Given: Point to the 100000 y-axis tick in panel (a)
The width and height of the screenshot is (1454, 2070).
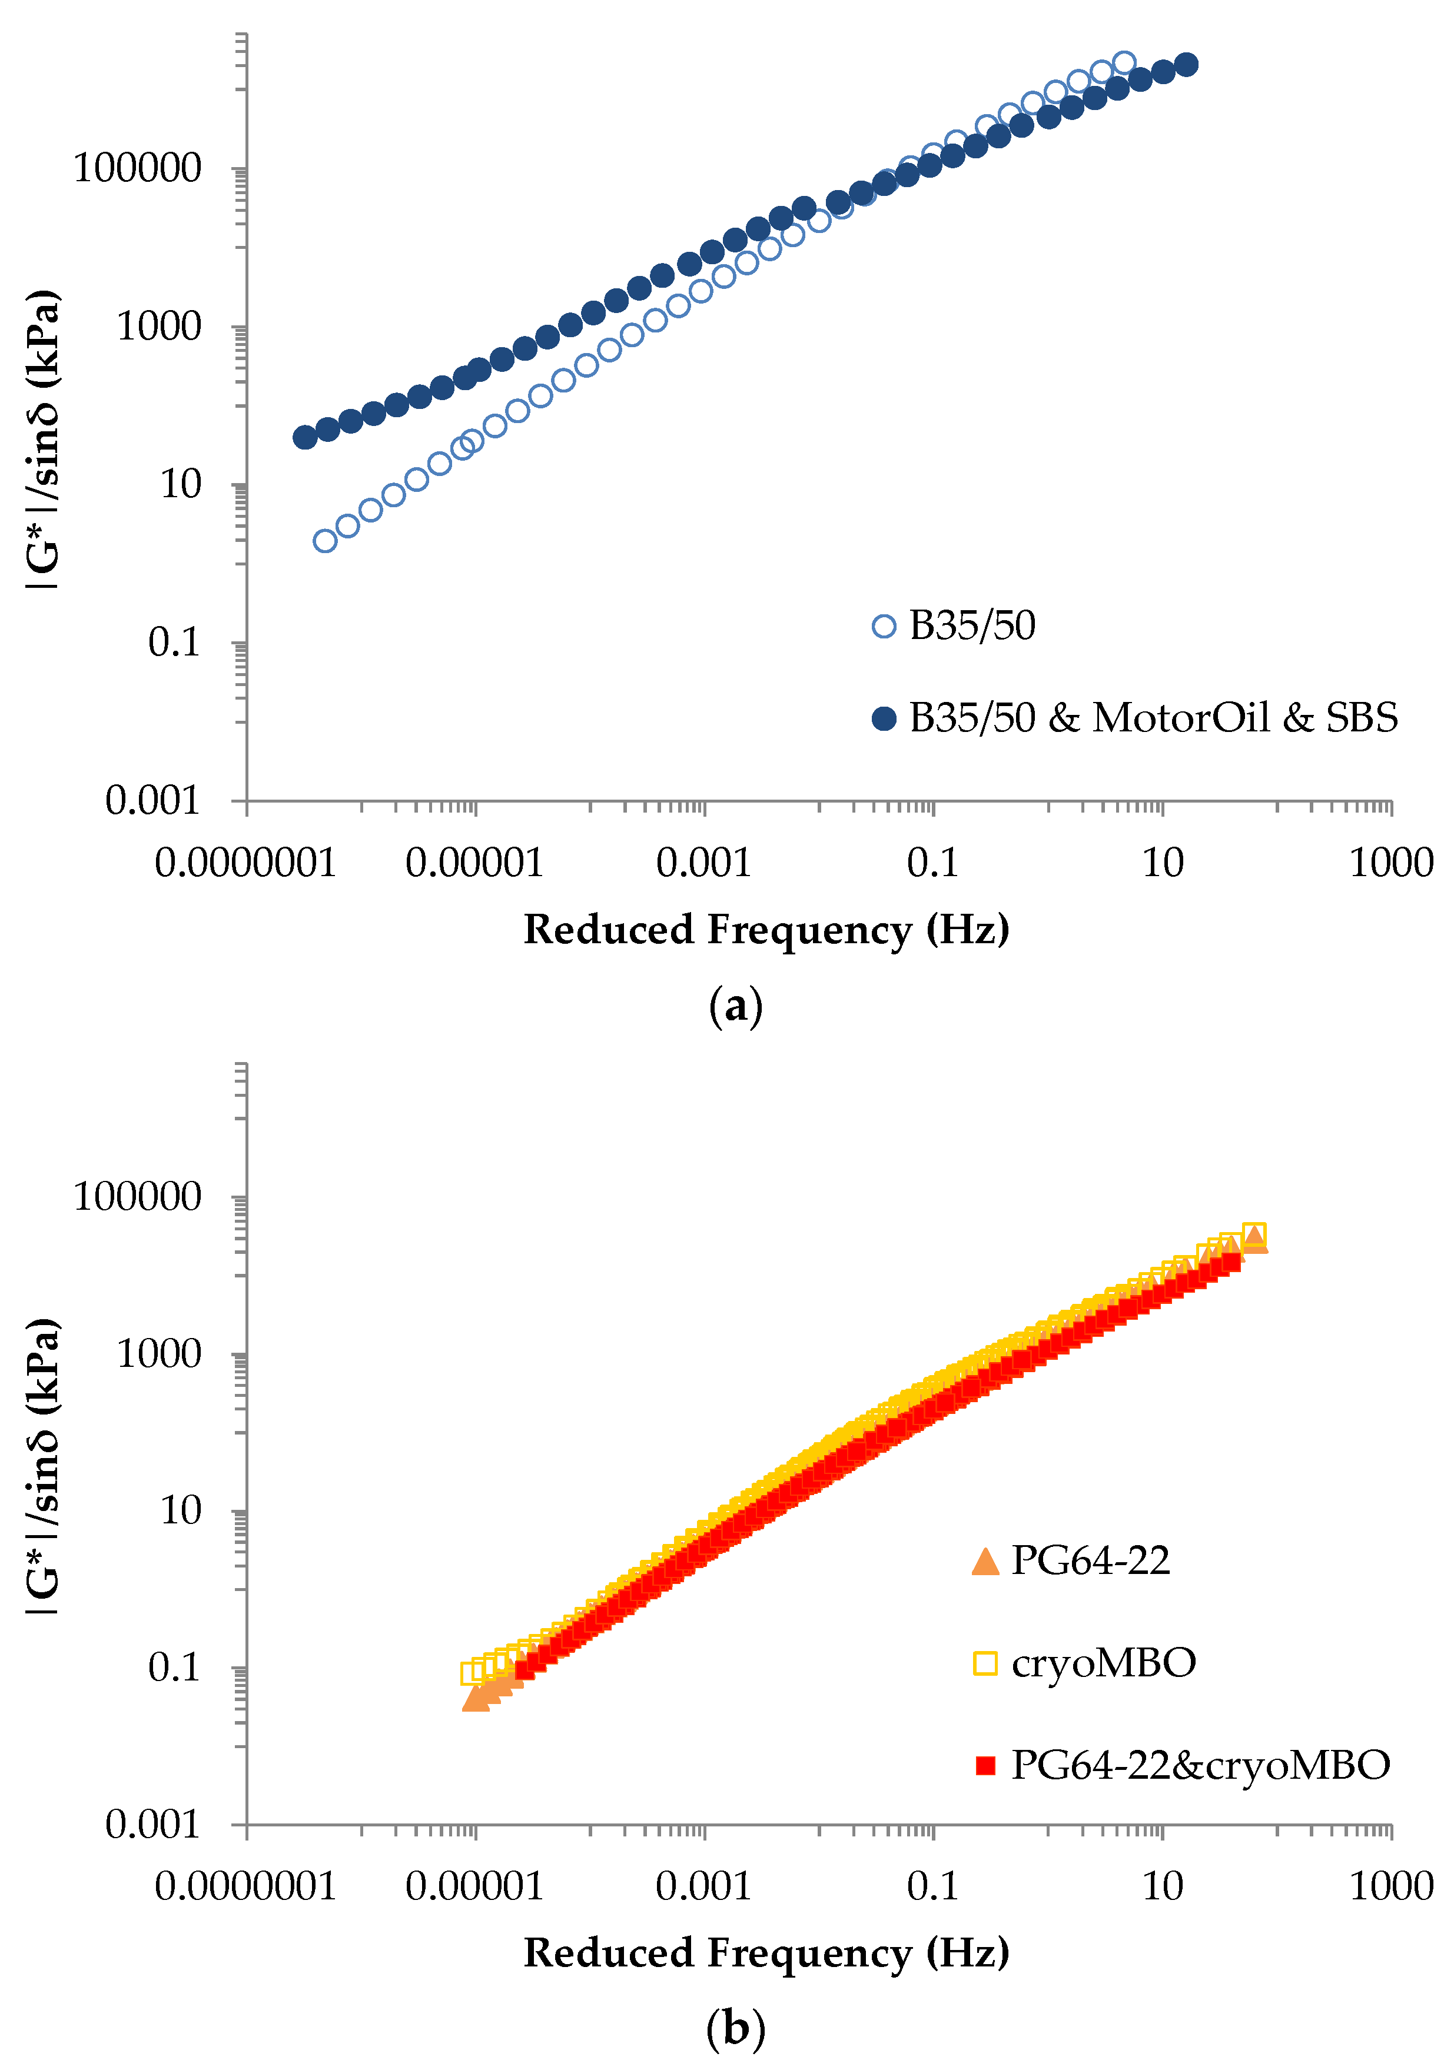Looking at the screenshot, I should tap(137, 169).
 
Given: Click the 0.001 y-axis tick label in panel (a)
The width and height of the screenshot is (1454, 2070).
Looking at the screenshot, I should tap(152, 801).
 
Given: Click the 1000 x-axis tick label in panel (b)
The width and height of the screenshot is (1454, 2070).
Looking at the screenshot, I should tap(1390, 1887).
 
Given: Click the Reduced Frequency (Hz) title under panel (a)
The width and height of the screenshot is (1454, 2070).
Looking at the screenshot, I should tap(766, 930).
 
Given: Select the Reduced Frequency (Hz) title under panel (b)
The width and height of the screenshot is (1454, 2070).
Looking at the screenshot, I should tap(766, 1953).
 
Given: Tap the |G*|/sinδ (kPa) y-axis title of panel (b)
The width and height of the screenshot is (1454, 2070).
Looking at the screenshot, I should tap(44, 1467).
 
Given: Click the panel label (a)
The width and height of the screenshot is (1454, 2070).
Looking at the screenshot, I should tap(735, 1005).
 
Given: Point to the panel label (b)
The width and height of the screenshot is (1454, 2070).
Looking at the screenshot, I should tap(735, 2029).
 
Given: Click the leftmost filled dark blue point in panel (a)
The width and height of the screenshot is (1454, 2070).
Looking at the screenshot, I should tap(305, 437).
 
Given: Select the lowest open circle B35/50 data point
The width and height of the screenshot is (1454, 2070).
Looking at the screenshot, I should tap(325, 541).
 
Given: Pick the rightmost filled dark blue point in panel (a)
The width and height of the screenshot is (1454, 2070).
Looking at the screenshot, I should tap(1187, 64).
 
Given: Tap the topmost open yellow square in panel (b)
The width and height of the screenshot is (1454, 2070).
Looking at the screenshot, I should tap(1254, 1233).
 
